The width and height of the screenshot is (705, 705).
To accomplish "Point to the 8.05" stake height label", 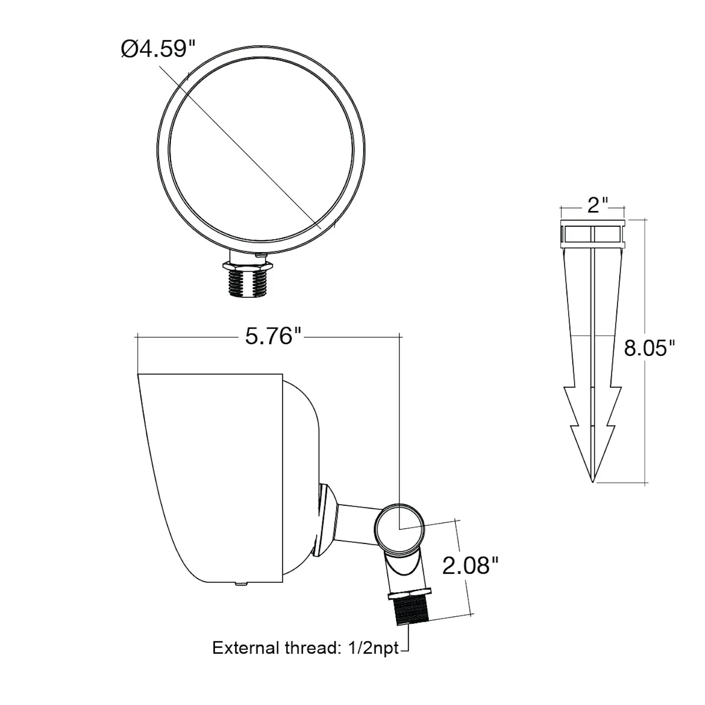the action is tap(649, 348).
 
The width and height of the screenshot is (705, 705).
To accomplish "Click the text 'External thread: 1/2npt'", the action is tap(305, 648).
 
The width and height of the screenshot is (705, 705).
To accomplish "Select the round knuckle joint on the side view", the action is tap(399, 529).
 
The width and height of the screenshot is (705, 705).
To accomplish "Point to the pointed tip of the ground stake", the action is tap(592, 481).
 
